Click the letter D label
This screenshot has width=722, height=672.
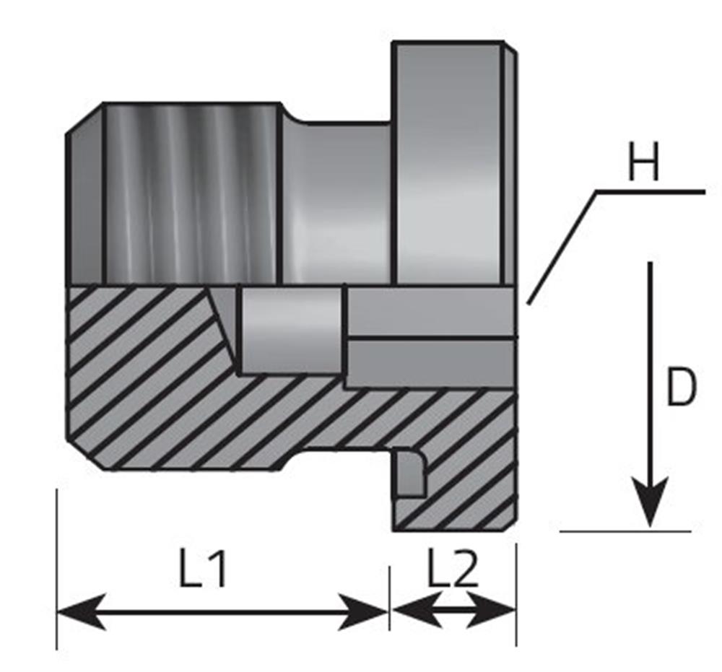click(682, 387)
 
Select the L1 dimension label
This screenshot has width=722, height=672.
click(203, 568)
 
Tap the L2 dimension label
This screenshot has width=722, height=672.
click(453, 567)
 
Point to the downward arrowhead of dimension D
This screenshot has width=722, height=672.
click(650, 502)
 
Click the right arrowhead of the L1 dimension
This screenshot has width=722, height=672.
click(363, 611)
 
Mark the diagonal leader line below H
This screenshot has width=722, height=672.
click(562, 247)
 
